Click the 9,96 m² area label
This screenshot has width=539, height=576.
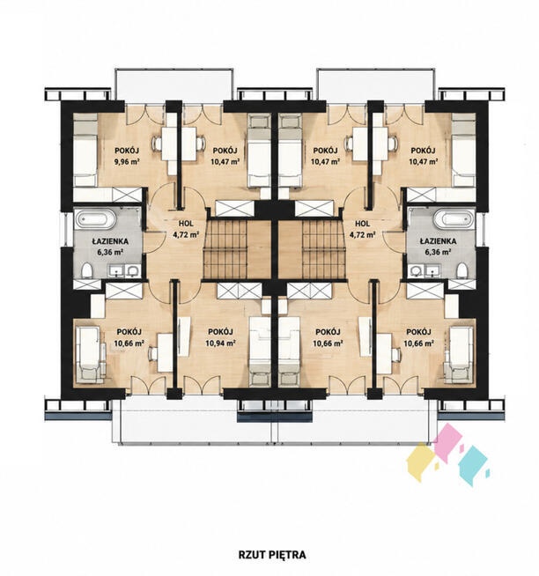[x=127, y=161]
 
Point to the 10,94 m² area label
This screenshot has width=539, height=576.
[x=220, y=343]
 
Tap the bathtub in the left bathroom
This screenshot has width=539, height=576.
[x=96, y=219]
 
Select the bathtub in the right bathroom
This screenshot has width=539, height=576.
[x=454, y=219]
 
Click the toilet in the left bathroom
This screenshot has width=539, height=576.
[x=87, y=270]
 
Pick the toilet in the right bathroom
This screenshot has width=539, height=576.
[x=462, y=270]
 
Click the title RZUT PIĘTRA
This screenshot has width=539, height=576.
[x=272, y=555]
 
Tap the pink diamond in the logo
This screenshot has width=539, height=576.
[x=448, y=443]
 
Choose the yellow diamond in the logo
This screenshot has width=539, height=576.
[x=421, y=462]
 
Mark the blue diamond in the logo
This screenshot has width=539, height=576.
[x=473, y=466]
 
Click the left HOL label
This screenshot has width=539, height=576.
[x=186, y=224]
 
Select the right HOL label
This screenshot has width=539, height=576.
[x=363, y=224]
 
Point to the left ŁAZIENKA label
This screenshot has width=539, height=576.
[x=110, y=241]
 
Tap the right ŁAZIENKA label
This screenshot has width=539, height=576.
[x=439, y=241]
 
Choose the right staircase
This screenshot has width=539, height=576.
[x=323, y=249]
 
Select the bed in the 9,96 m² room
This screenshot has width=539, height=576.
[x=85, y=150]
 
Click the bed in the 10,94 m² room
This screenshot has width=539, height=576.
[x=260, y=351]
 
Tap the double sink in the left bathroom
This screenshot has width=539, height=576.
[x=123, y=270]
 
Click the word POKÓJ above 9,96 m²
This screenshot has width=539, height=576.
[x=127, y=151]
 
